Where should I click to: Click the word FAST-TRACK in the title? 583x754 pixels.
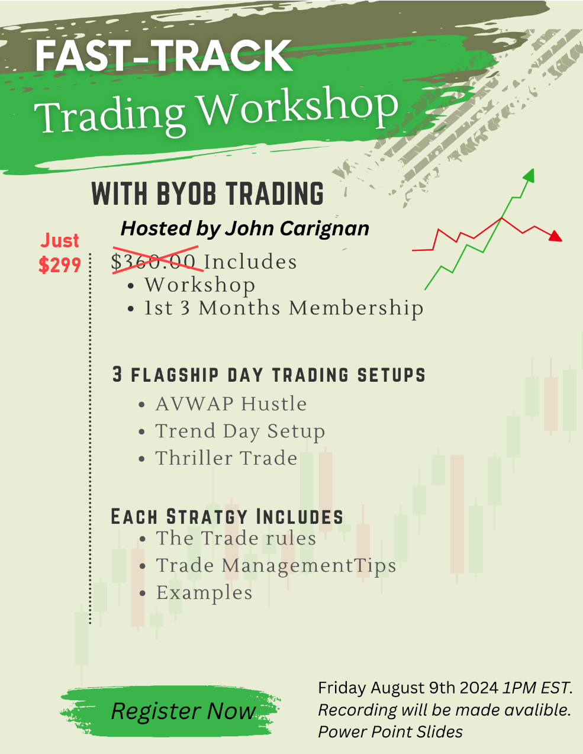pyautogui.click(x=164, y=56)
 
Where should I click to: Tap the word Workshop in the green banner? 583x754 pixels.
pyautogui.click(x=299, y=107)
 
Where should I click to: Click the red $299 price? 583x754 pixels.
pyautogui.click(x=60, y=265)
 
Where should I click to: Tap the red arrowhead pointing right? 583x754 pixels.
pyautogui.click(x=556, y=236)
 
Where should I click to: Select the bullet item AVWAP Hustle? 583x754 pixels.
pyautogui.click(x=231, y=404)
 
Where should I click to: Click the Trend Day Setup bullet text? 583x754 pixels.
pyautogui.click(x=240, y=431)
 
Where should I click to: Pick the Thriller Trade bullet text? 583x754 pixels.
pyautogui.click(x=226, y=458)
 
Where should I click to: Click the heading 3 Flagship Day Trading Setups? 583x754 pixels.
pyautogui.click(x=269, y=375)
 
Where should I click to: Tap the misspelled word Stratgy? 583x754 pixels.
pyautogui.click(x=207, y=517)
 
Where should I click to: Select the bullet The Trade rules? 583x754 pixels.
pyautogui.click(x=236, y=538)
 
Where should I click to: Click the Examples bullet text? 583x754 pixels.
pyautogui.click(x=204, y=593)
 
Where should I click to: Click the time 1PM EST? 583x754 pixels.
pyautogui.click(x=537, y=688)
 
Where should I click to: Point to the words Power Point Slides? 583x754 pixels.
pyautogui.click(x=391, y=732)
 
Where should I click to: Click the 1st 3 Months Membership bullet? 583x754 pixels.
pyautogui.click(x=284, y=308)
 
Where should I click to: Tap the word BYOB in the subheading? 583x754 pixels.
pyautogui.click(x=186, y=194)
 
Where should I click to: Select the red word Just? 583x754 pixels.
pyautogui.click(x=60, y=241)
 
